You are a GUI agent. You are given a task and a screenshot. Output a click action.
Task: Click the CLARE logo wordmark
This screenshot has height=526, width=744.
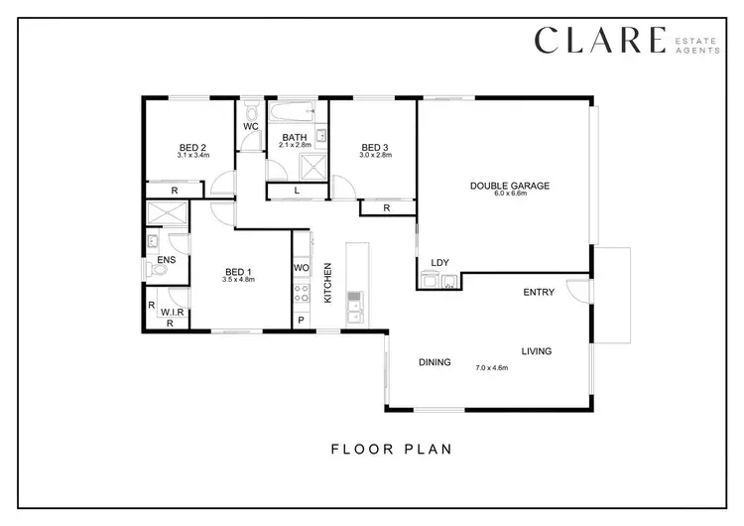pyautogui.click(x=599, y=40)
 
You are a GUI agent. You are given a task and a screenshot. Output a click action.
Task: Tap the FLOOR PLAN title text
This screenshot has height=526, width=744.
pyautogui.click(x=391, y=449)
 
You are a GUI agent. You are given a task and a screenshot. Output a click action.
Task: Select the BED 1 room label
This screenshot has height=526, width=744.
pyautogui.click(x=238, y=272)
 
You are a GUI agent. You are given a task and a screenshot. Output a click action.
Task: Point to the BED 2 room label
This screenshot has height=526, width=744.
pyautogui.click(x=191, y=147)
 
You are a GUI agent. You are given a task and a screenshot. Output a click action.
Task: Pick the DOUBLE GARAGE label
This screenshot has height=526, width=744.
pyautogui.click(x=509, y=186)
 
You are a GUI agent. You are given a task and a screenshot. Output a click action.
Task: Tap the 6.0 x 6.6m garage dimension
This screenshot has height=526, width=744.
pyautogui.click(x=509, y=195)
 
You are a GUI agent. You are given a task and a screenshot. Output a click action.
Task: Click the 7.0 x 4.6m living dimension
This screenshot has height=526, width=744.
pyautogui.click(x=491, y=368)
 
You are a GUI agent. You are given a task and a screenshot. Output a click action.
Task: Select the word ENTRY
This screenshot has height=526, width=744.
pyautogui.click(x=539, y=293)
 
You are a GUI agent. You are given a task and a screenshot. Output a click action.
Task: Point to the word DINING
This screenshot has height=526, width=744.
pyautogui.click(x=434, y=362)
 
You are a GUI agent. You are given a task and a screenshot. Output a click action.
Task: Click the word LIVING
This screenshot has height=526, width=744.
pyautogui.click(x=537, y=351)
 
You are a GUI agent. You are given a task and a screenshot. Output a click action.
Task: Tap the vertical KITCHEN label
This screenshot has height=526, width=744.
pyautogui.click(x=326, y=288)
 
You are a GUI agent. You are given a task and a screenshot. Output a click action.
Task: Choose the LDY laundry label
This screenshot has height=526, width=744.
pyautogui.click(x=439, y=263)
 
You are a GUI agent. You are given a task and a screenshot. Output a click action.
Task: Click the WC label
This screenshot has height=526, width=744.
pyautogui.click(x=251, y=127)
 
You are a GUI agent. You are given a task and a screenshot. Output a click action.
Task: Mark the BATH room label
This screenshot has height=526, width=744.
pyautogui.click(x=295, y=138)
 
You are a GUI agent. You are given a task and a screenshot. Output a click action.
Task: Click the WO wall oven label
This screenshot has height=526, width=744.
pyautogui.click(x=302, y=269)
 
